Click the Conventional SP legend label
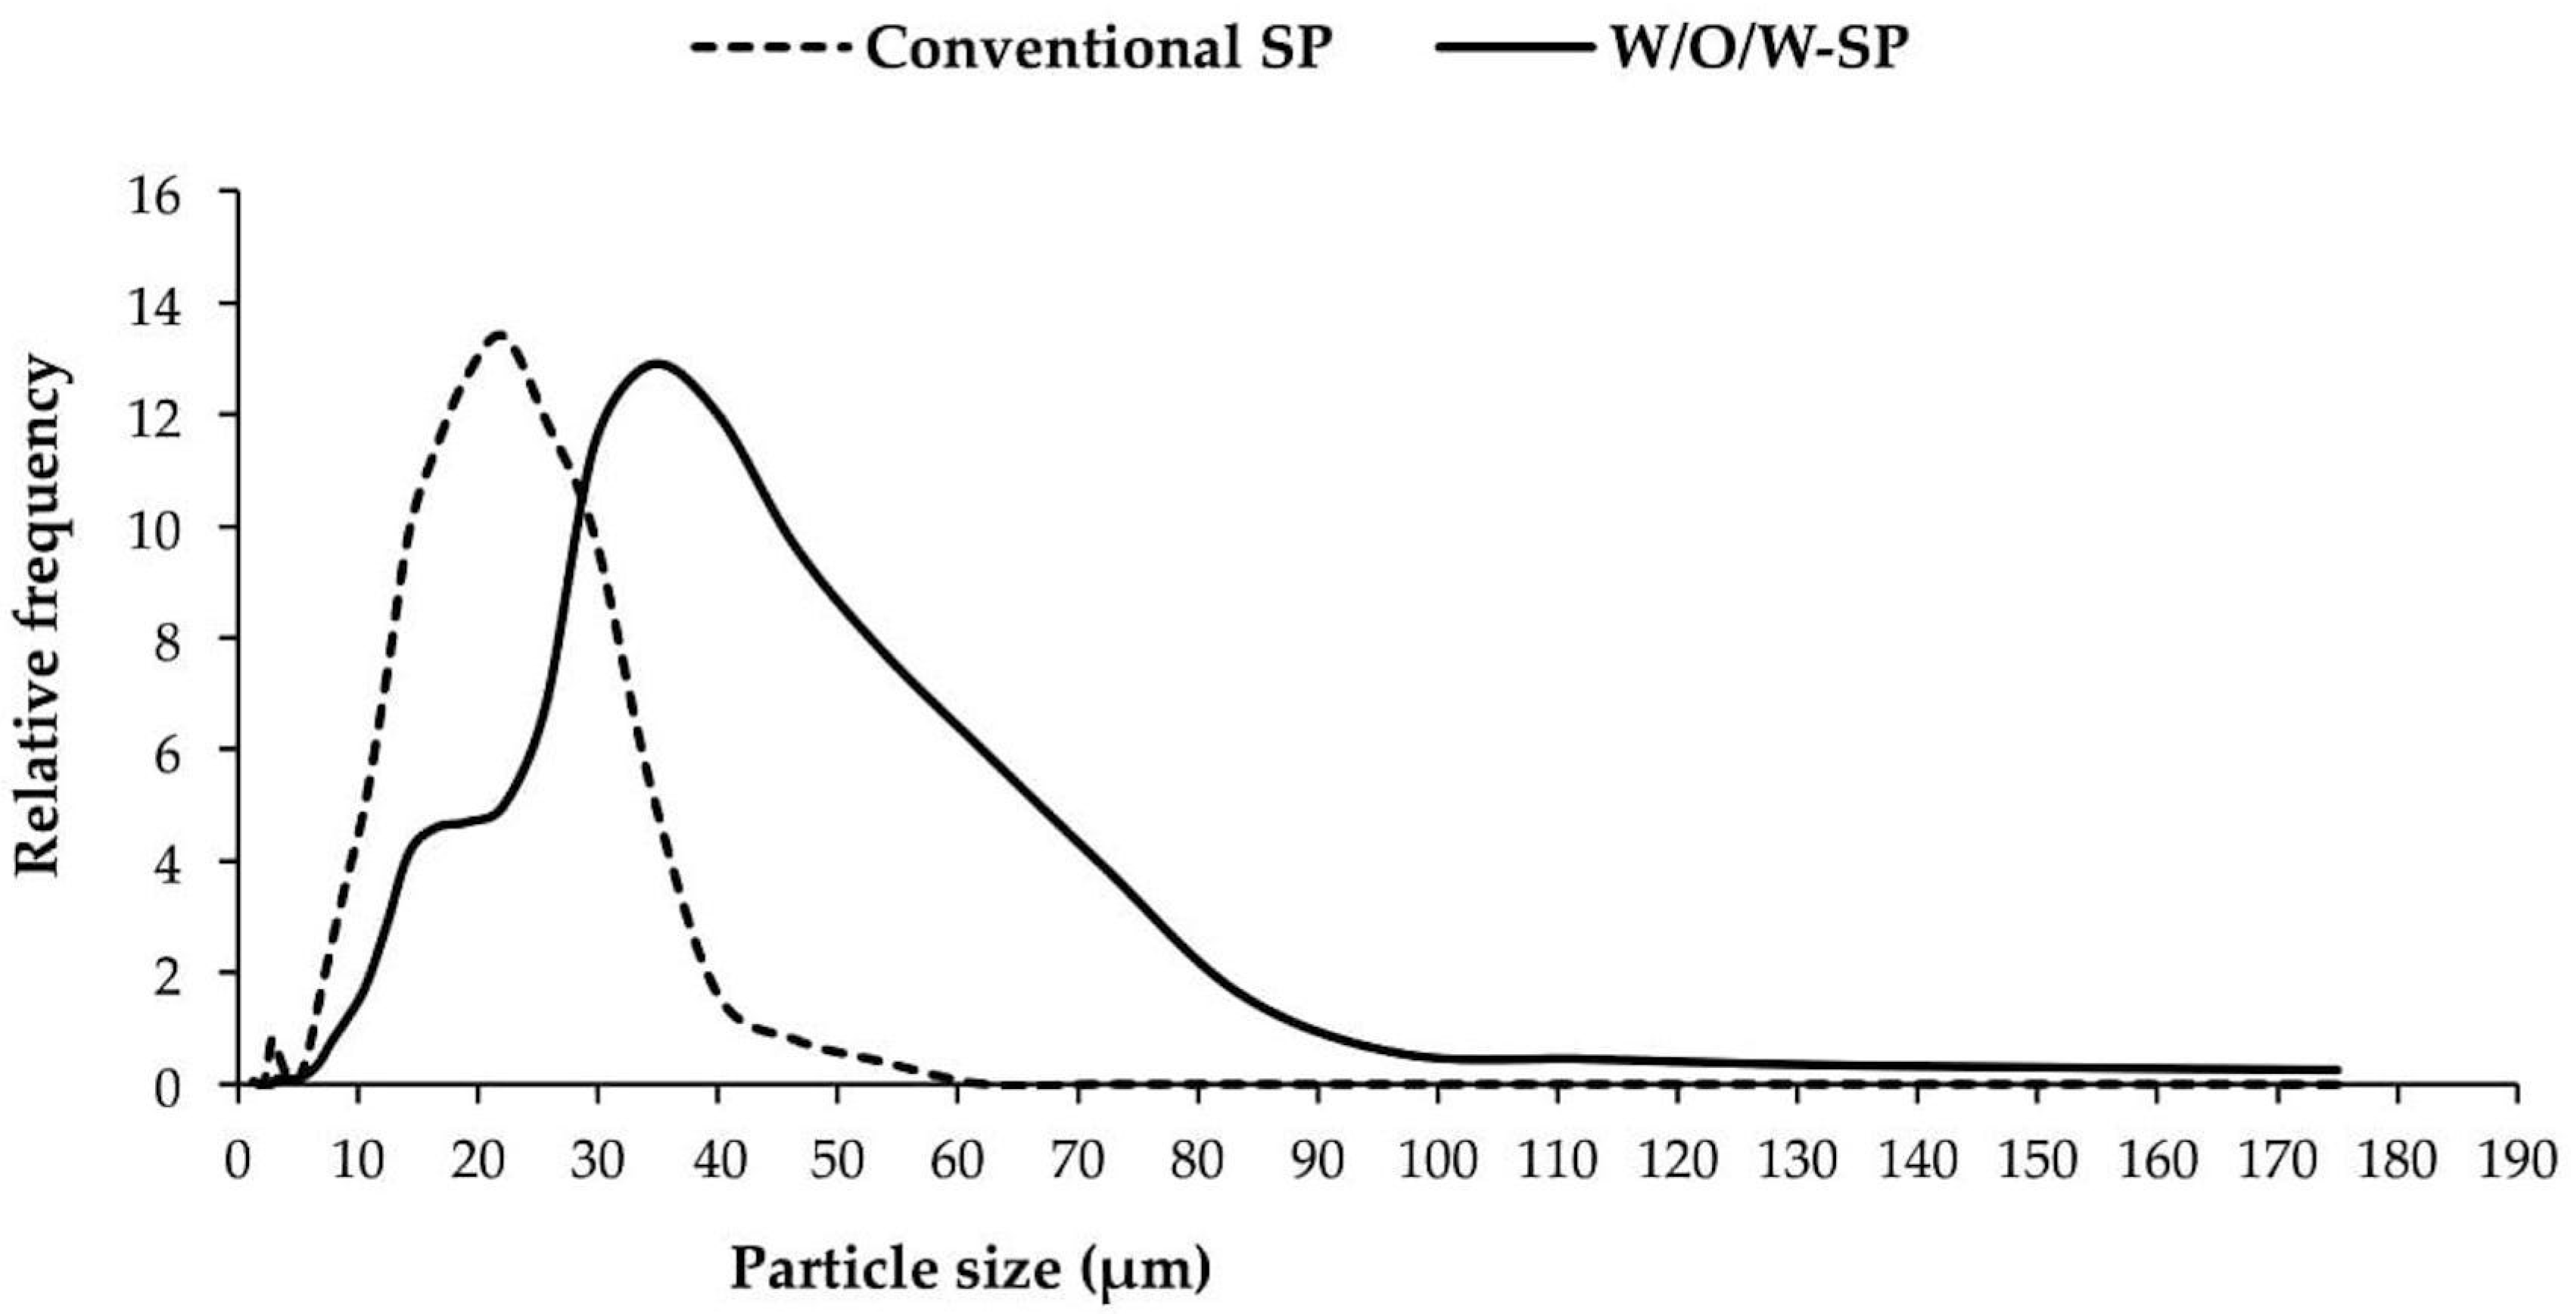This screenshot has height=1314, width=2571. [1099, 47]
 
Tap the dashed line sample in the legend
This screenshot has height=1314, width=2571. [773, 47]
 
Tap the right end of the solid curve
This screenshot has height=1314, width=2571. [2337, 1070]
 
